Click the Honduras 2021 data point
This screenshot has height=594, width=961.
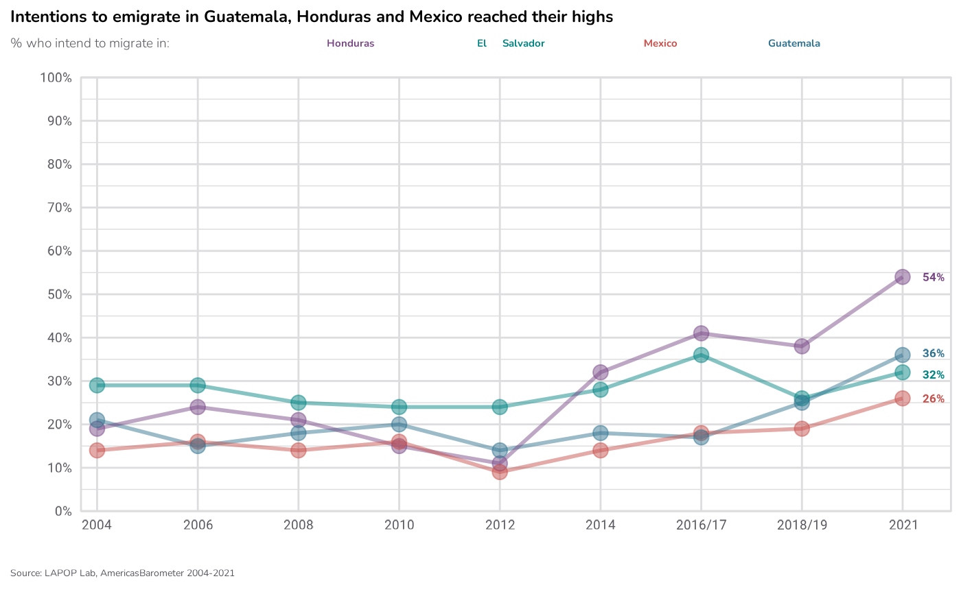[903, 277]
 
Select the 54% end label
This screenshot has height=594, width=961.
[934, 278]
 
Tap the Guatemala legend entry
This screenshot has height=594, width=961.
[794, 43]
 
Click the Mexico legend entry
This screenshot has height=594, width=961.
[660, 43]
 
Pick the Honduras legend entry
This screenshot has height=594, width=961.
[351, 43]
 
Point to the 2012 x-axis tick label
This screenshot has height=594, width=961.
[500, 525]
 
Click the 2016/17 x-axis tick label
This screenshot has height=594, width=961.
[701, 525]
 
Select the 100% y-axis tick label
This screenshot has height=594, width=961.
[56, 78]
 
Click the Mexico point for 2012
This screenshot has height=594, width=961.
[500, 472]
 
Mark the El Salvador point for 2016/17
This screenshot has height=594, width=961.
[701, 355]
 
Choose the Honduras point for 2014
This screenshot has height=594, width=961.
[601, 372]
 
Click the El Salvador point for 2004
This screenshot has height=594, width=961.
[97, 385]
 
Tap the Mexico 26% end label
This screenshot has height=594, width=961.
[934, 399]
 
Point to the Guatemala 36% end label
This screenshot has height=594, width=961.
[934, 354]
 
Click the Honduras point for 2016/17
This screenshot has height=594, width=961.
[701, 333]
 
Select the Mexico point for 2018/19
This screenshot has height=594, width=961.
[802, 429]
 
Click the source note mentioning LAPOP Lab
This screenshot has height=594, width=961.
[122, 573]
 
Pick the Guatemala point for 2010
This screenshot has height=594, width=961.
[399, 424]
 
